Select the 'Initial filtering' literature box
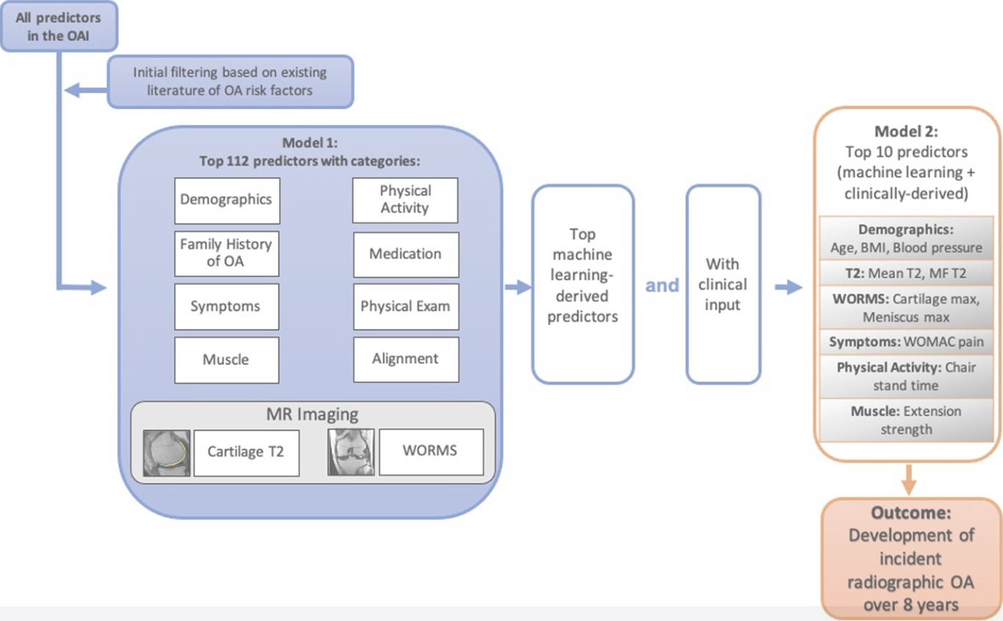click(230, 82)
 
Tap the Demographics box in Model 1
click(227, 200)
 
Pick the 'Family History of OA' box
click(227, 253)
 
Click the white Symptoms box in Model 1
click(227, 306)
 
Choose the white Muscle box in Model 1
click(227, 360)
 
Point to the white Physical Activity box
click(405, 199)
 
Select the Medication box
click(405, 254)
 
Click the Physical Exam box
click(405, 306)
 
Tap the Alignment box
click(405, 359)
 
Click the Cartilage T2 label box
click(246, 452)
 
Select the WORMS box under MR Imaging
click(430, 451)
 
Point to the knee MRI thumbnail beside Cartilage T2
click(166, 453)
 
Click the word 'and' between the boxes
click(662, 286)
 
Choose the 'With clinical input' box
click(723, 284)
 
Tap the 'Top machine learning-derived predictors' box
click(583, 284)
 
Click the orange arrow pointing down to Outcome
click(908, 480)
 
